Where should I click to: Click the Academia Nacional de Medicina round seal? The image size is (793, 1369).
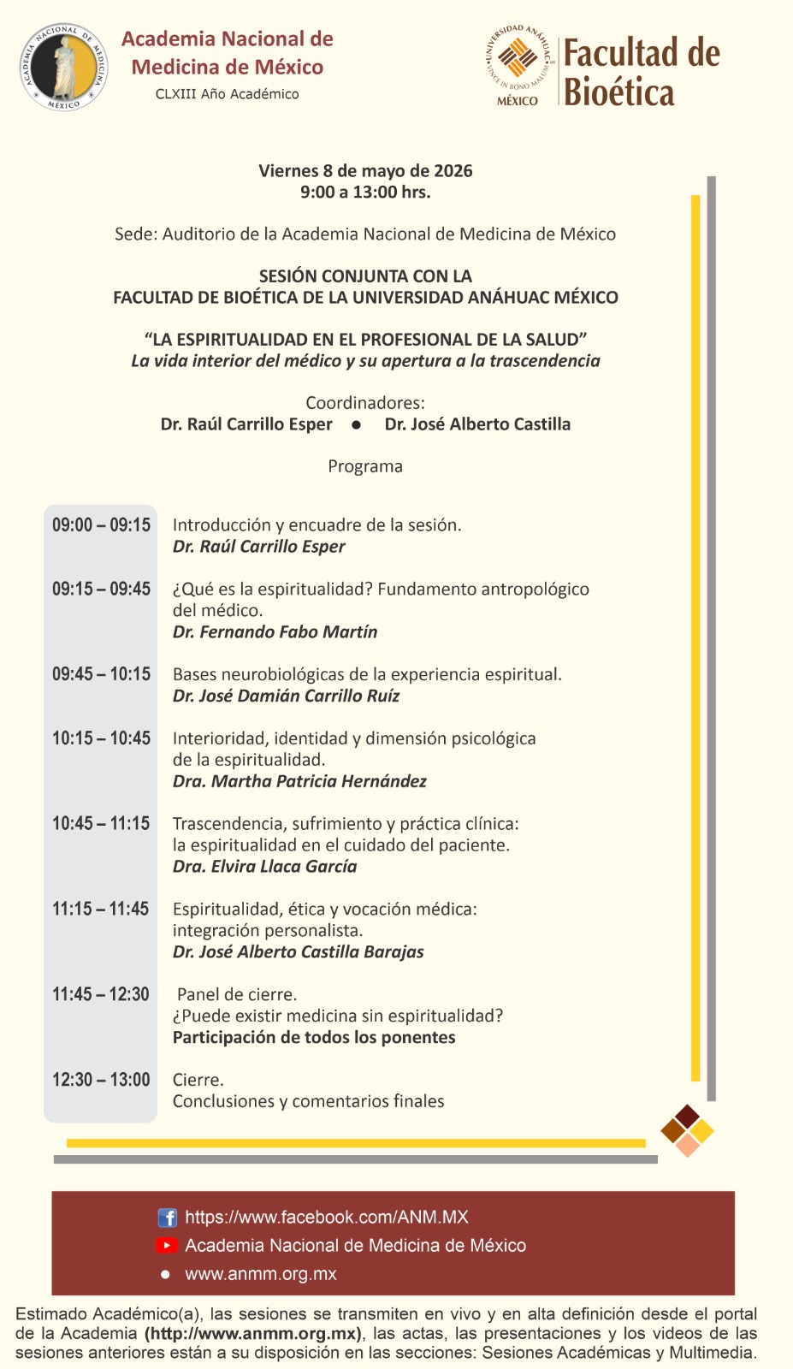(x=64, y=67)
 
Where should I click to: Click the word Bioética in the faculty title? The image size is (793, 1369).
(x=619, y=92)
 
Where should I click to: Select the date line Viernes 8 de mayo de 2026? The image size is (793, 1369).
(x=365, y=171)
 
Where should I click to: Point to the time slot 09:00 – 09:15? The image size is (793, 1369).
(x=101, y=525)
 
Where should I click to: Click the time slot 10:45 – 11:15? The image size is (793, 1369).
(x=101, y=824)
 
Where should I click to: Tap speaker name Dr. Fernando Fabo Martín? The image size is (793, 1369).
(x=275, y=632)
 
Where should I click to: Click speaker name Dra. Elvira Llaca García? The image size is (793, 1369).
(x=264, y=867)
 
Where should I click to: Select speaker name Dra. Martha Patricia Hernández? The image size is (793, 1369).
(x=299, y=781)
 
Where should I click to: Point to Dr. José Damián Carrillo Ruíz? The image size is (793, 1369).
(x=286, y=696)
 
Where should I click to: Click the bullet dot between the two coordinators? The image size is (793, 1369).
(x=357, y=425)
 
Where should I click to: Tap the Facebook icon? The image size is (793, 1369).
(x=168, y=1218)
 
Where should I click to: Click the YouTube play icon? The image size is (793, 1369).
(x=167, y=1246)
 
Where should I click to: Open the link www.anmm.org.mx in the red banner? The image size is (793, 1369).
(x=261, y=1274)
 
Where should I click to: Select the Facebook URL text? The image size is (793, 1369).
(x=327, y=1218)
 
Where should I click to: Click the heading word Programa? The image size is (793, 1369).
(x=365, y=466)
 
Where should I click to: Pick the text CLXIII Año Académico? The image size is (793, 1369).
(x=228, y=94)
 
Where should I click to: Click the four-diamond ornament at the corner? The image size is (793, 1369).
(x=687, y=1130)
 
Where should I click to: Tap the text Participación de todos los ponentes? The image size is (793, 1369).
(x=314, y=1038)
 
